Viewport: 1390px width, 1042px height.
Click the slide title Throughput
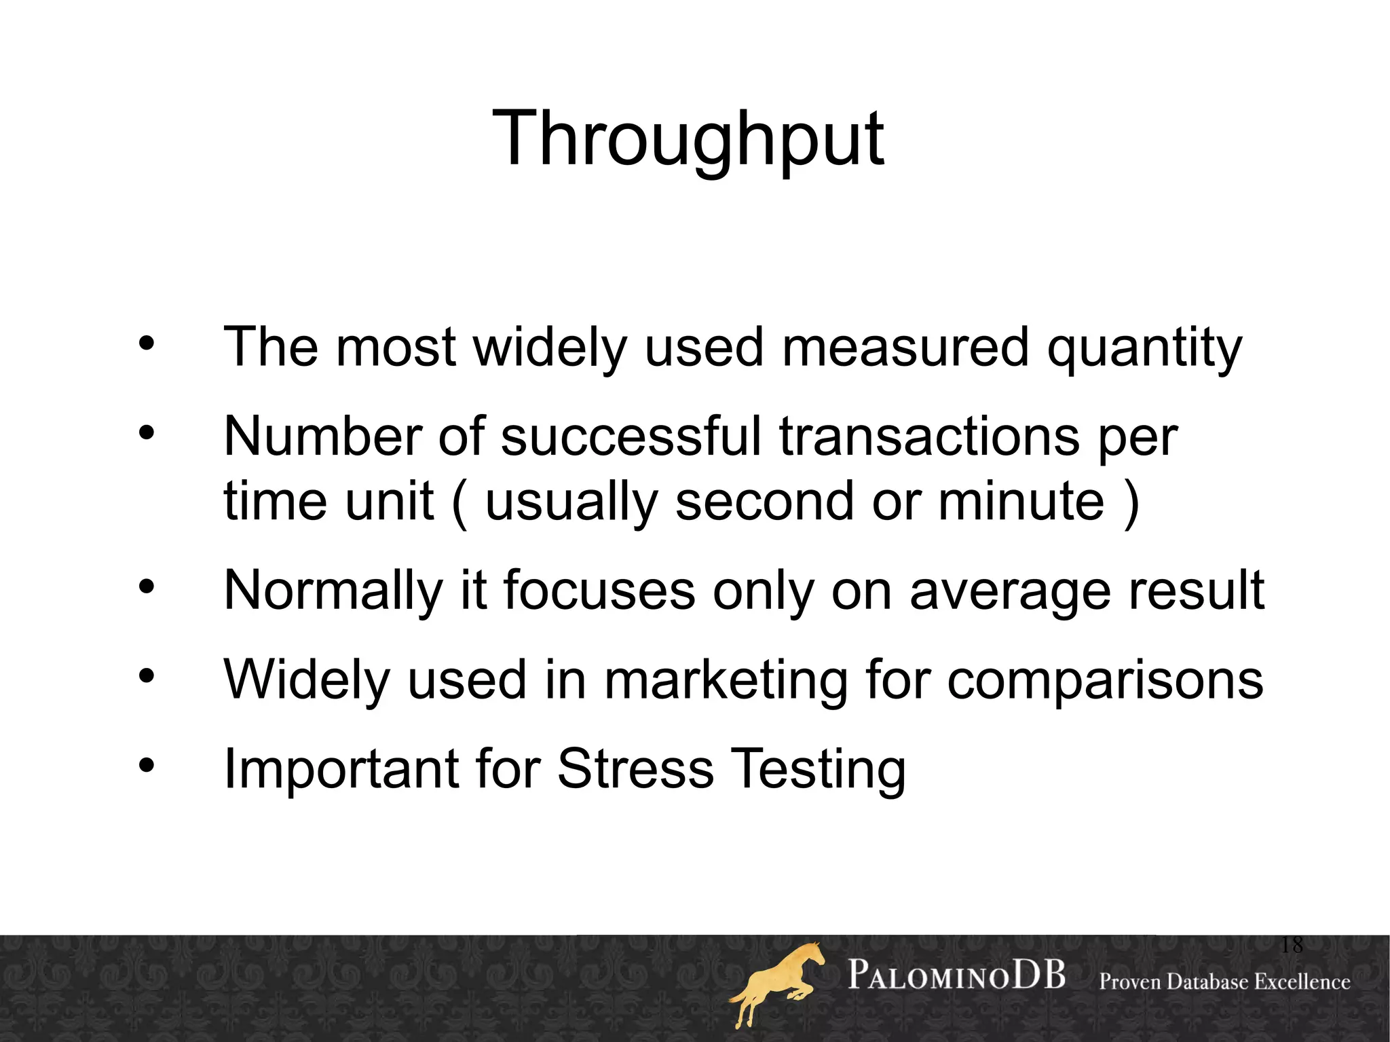(x=688, y=139)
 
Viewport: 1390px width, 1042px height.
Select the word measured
(x=905, y=348)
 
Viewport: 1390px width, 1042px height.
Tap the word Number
(x=322, y=436)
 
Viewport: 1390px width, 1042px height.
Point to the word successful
(x=631, y=436)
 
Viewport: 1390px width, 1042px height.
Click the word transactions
(x=929, y=436)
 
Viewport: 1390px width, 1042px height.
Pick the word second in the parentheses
(x=764, y=502)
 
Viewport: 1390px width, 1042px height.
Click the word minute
(x=1021, y=502)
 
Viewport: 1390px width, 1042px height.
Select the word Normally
(x=333, y=591)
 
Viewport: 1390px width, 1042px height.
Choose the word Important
(x=341, y=768)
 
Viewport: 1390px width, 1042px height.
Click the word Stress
(x=635, y=768)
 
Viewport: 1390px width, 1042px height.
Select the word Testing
(x=818, y=768)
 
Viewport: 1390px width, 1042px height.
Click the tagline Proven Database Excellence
(x=1224, y=982)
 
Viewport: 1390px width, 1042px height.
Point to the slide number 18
(x=1292, y=944)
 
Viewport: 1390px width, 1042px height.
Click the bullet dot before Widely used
(x=147, y=675)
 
